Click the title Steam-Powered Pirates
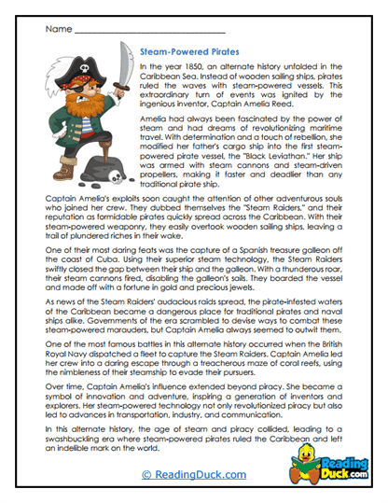(192, 53)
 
